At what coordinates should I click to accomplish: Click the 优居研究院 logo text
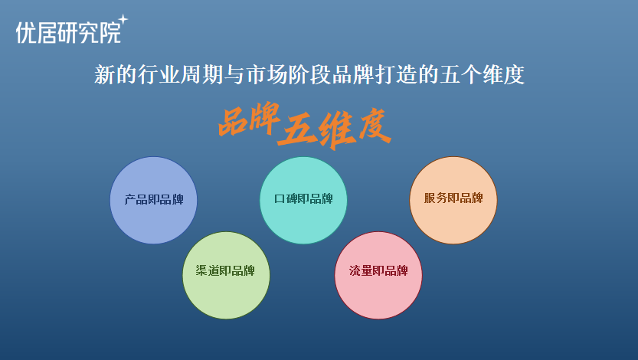[x=69, y=32]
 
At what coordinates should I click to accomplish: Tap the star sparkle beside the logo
[x=123, y=19]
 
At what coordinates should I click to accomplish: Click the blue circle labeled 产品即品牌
[x=153, y=200]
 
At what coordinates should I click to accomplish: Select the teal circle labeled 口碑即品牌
[x=303, y=200]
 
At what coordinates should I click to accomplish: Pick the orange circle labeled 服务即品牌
[x=453, y=200]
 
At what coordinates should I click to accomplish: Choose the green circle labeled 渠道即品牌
[x=226, y=276]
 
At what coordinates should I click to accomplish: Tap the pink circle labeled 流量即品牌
[x=378, y=276]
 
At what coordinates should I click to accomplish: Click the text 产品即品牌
[x=154, y=199]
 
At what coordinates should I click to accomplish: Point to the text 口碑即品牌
[x=303, y=198]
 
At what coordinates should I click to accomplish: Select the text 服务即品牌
[x=453, y=198]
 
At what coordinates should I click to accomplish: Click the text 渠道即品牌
[x=225, y=270]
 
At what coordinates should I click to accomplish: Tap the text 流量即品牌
[x=378, y=270]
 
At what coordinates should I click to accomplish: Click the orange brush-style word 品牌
[x=250, y=119]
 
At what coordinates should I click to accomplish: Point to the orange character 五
[x=298, y=129]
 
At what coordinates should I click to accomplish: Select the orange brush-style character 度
[x=375, y=126]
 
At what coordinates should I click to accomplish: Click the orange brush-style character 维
[x=337, y=130]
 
